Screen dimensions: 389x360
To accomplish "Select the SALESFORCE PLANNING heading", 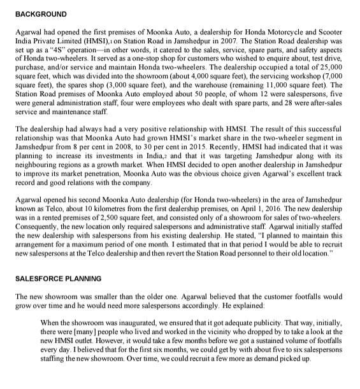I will [x=57, y=278].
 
